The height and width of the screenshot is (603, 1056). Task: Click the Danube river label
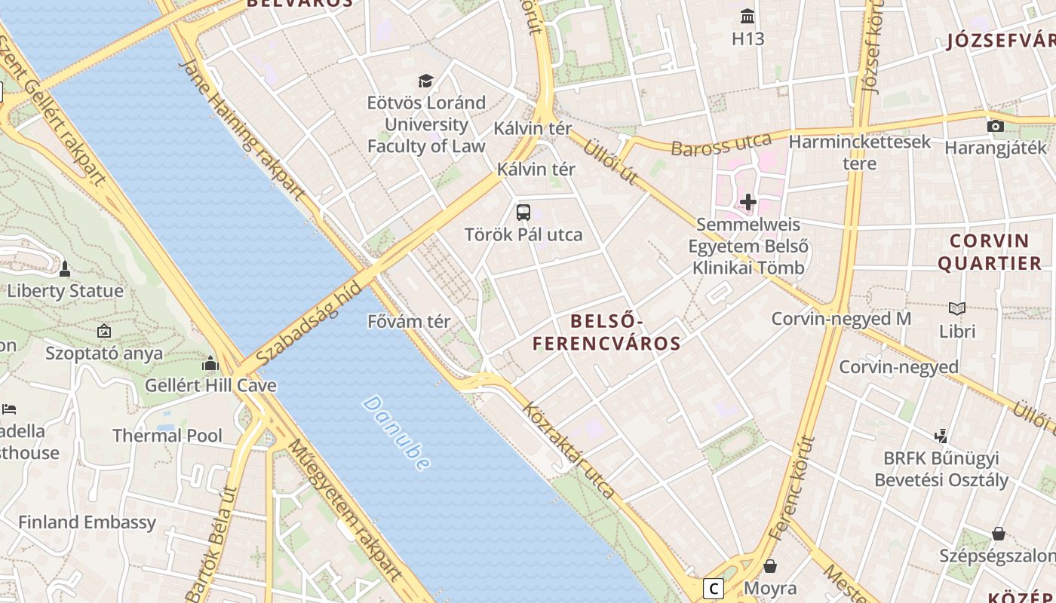coord(396,433)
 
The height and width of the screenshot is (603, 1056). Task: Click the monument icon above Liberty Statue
coord(65,268)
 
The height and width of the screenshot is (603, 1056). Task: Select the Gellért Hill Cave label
coord(210,386)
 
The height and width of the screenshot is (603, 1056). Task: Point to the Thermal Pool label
coord(167,436)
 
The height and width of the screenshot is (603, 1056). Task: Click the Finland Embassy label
coord(87,522)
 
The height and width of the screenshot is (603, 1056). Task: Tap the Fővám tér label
coord(409,322)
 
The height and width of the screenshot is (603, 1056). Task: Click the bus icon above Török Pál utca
coord(523,213)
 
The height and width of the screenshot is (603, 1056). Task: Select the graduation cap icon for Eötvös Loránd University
coord(426,81)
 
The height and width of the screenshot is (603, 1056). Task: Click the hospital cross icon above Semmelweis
coord(748,202)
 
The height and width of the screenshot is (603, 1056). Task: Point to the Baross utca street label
coord(721,145)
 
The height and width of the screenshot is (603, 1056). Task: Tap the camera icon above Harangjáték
coord(996,126)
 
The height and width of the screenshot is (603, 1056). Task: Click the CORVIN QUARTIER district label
coord(989,252)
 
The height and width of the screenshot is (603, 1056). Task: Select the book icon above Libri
coord(957,308)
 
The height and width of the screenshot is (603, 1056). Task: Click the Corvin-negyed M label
coord(841,319)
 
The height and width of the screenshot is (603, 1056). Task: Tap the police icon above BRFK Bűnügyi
coord(941,435)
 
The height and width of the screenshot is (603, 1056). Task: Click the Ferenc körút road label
coord(793,488)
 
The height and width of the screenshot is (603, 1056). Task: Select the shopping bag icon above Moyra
coord(770,565)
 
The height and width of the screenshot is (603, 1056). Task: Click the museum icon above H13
coord(748,16)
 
